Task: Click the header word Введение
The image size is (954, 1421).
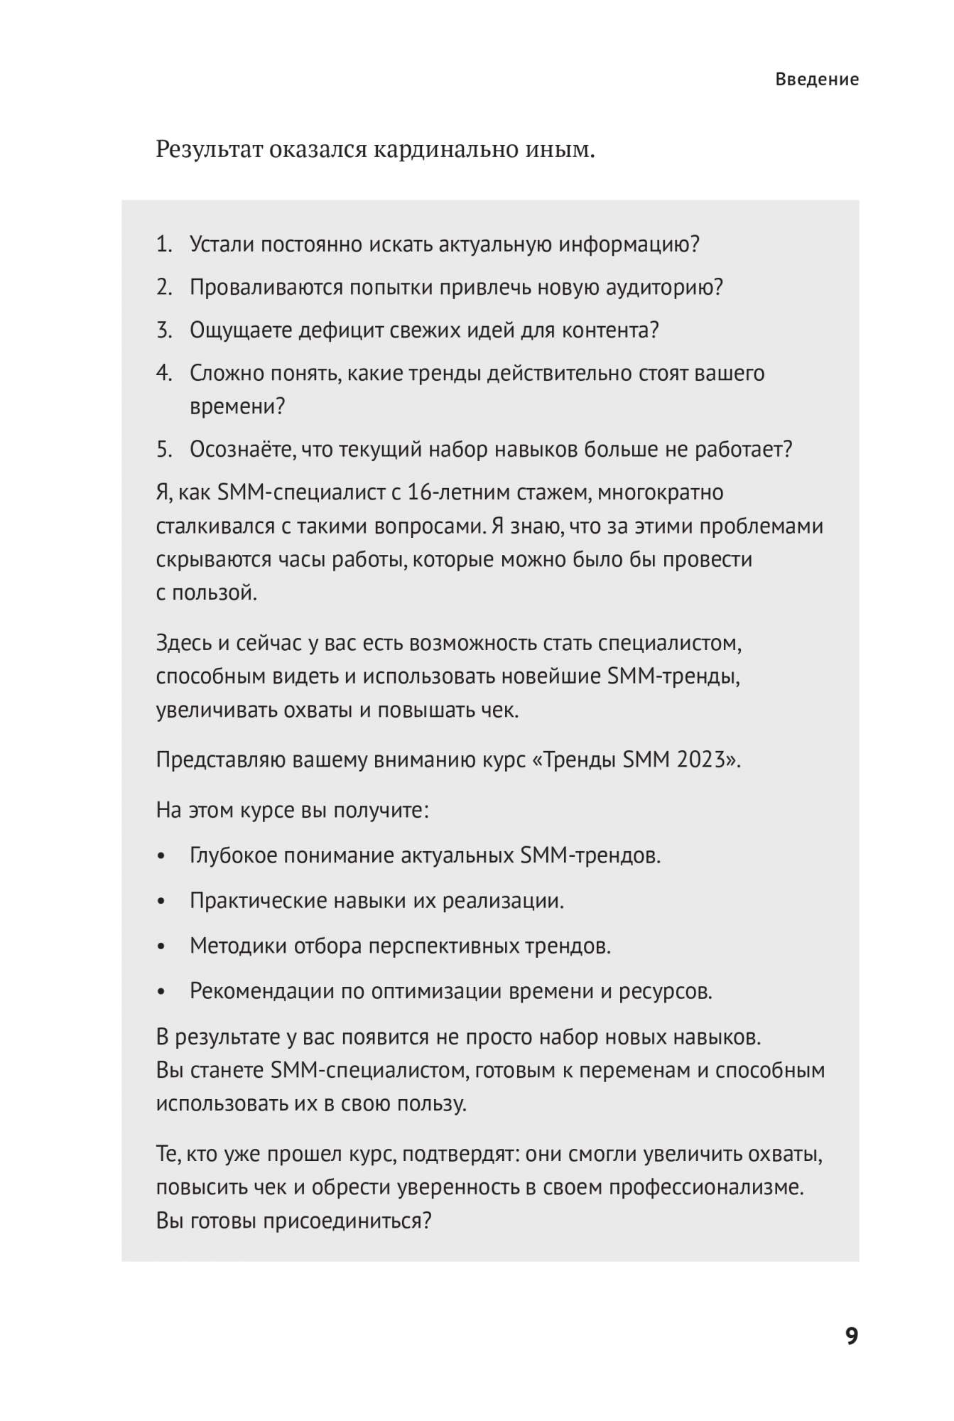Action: click(817, 80)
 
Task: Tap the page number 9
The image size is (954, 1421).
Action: click(852, 1336)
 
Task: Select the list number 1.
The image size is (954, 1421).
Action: click(163, 245)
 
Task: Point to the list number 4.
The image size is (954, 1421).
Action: click(164, 373)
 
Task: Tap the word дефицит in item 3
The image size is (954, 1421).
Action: click(342, 330)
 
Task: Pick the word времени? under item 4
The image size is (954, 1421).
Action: click(237, 406)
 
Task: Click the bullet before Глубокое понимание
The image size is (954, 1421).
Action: click(162, 857)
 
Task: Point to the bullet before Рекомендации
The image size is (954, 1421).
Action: click(162, 993)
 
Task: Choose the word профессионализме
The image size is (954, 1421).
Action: click(706, 1187)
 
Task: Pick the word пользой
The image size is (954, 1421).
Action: click(215, 593)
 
